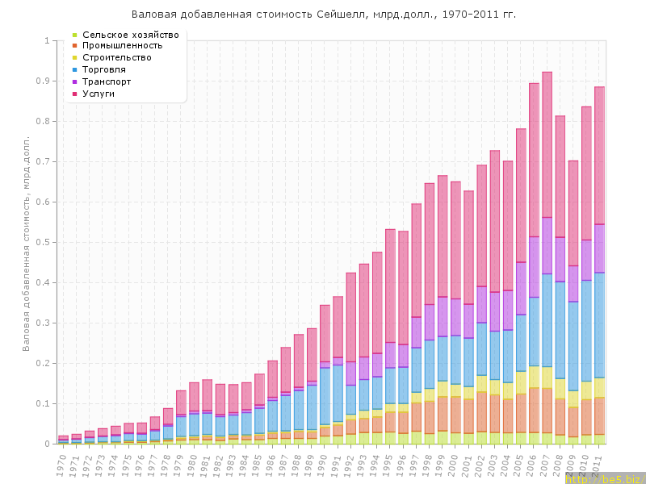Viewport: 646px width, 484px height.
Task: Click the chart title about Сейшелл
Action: point(323,15)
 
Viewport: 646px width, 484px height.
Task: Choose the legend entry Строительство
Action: point(117,58)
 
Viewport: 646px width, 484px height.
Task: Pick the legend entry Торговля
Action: point(106,70)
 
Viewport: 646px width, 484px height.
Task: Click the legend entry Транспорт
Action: point(107,81)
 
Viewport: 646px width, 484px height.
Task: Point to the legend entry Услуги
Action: point(99,94)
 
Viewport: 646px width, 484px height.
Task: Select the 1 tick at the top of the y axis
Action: point(47,40)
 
